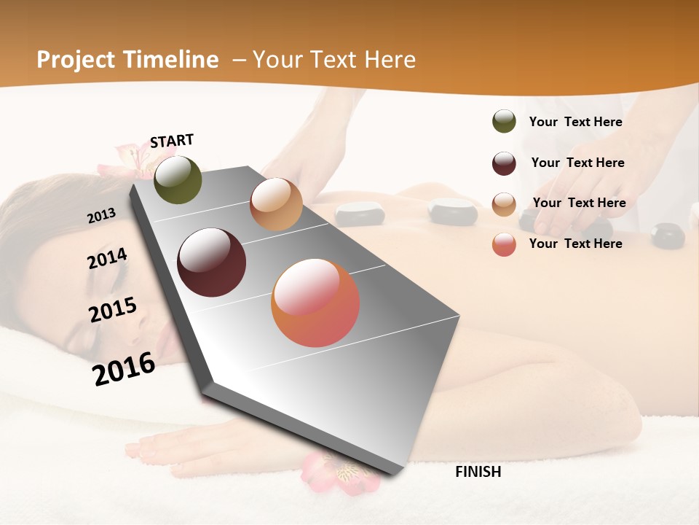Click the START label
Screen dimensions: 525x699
172,141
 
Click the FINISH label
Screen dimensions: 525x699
478,472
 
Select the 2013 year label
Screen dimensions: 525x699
101,216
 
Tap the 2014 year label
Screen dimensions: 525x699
107,259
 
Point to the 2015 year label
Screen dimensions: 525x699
113,309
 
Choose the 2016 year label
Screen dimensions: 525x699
124,368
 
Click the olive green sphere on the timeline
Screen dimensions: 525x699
178,179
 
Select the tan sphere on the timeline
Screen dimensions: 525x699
276,204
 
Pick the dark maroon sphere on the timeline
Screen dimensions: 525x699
211,262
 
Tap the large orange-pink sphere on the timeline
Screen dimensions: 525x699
315,303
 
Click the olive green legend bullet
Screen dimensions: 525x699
504,122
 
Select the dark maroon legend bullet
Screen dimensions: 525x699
504,163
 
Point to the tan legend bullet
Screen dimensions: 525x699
504,203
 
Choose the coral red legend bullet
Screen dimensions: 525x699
504,244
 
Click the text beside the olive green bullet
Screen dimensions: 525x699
575,122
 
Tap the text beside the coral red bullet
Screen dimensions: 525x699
575,244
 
